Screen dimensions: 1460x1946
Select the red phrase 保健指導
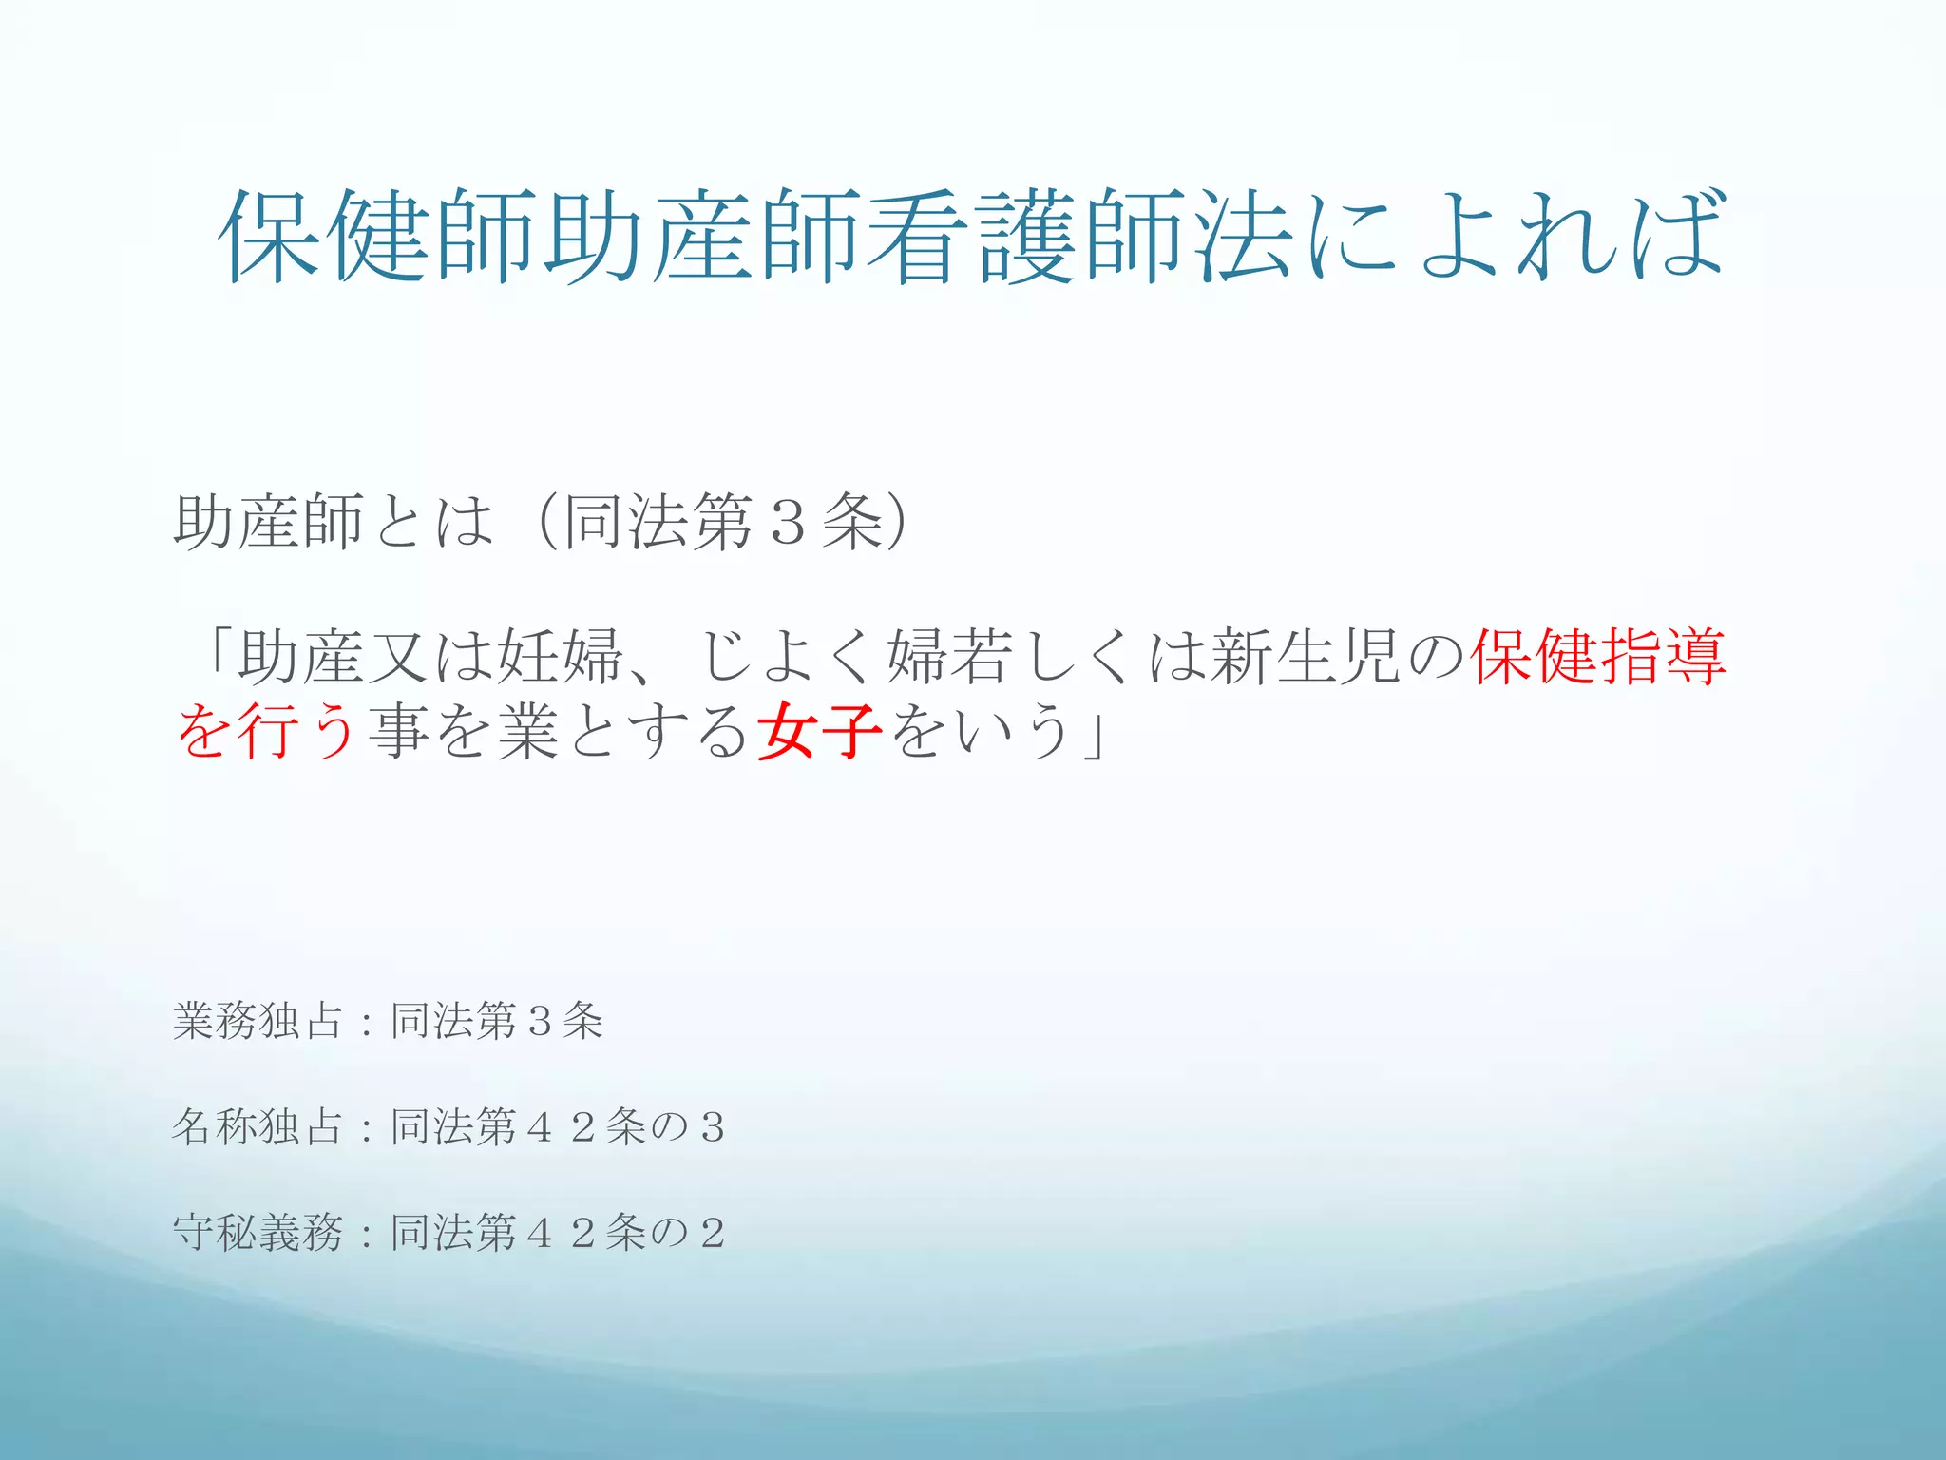pos(1598,657)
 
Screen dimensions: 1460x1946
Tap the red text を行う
pos(267,730)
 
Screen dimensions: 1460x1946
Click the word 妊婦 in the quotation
pos(560,657)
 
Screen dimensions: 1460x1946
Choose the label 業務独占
pos(258,1021)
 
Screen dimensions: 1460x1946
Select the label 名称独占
pos(258,1126)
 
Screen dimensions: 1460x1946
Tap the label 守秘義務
pos(258,1233)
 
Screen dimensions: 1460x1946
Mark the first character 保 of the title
pos(271,236)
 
